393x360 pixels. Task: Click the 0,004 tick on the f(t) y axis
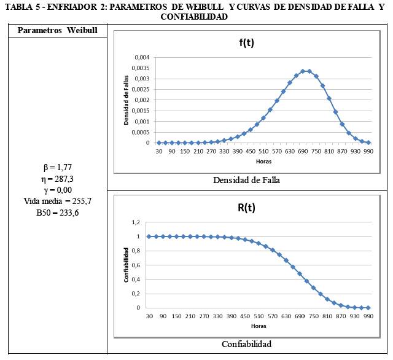[141, 57]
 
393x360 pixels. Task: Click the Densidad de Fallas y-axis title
[126, 100]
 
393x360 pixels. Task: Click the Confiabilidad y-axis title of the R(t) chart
[126, 265]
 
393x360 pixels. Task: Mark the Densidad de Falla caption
[246, 181]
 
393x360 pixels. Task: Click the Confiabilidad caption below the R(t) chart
[246, 344]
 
